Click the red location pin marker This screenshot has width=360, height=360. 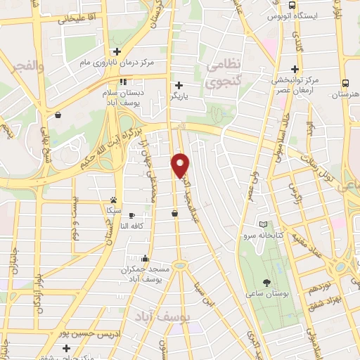pos(181,165)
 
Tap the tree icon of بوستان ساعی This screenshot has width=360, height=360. pos(267,282)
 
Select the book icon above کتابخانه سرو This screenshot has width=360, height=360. pos(263,224)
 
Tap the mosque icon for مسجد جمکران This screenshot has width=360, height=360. pos(144,258)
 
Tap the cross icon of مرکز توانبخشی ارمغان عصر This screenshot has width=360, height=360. pos(295,69)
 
